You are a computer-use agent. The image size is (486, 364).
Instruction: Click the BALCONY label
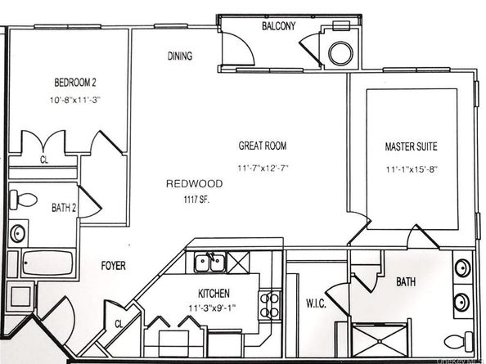(279, 26)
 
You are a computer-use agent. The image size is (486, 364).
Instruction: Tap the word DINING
(180, 56)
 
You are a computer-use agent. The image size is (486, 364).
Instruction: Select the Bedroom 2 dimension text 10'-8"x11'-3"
(75, 100)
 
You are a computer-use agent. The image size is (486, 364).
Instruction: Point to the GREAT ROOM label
(263, 146)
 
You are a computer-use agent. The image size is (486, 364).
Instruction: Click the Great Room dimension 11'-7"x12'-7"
(263, 169)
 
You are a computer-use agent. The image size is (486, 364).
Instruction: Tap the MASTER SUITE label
(411, 146)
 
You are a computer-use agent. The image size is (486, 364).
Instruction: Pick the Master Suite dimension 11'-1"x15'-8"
(412, 169)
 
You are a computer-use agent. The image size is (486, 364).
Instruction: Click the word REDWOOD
(195, 184)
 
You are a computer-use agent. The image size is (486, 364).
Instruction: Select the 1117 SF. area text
(197, 200)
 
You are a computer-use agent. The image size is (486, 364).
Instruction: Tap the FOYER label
(114, 266)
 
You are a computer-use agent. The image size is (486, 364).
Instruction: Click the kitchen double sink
(209, 262)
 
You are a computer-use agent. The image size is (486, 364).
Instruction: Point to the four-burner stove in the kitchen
(270, 305)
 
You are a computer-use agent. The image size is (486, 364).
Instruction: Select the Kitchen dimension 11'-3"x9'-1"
(212, 308)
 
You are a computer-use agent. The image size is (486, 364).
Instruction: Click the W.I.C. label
(316, 303)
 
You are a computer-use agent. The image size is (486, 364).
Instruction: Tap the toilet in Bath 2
(23, 200)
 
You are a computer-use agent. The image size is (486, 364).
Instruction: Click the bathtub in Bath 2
(47, 263)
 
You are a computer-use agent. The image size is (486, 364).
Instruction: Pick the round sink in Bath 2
(18, 233)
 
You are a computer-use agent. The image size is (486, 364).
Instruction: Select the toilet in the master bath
(459, 341)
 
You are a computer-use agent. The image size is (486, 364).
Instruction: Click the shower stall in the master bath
(380, 341)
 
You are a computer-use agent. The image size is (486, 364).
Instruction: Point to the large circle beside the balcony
(340, 53)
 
